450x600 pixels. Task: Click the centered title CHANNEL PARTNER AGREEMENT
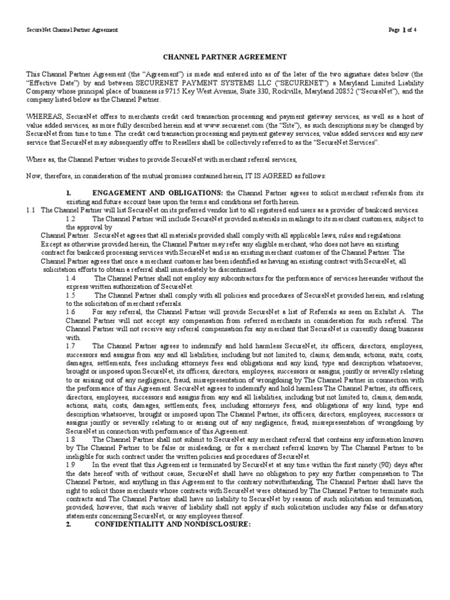(224, 57)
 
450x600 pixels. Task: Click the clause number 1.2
(71, 218)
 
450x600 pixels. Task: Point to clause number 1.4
(71, 278)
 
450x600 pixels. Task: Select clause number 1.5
(71, 295)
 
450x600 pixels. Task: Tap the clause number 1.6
(71, 312)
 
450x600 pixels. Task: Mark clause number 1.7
(71, 346)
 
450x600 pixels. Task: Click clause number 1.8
(71, 438)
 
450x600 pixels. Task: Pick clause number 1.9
(71, 463)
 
